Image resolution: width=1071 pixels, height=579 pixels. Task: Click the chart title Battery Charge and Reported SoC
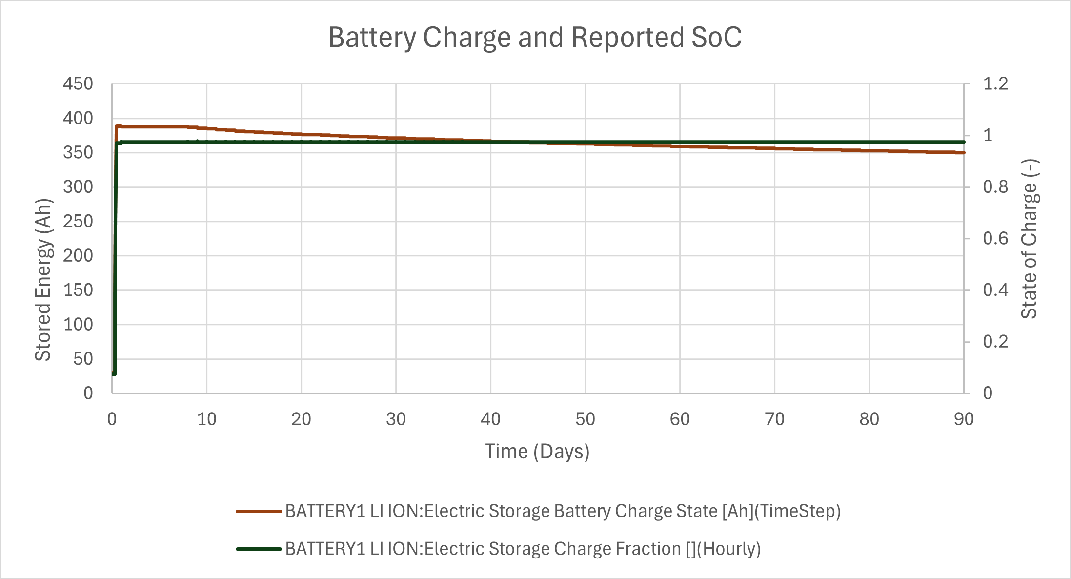click(x=535, y=38)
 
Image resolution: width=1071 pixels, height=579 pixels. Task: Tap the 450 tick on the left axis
click(x=78, y=84)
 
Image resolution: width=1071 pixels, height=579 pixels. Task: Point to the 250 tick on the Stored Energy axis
click(x=78, y=222)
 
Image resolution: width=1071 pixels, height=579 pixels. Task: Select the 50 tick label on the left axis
click(x=83, y=359)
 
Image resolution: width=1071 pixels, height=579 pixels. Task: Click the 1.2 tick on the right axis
click(x=995, y=84)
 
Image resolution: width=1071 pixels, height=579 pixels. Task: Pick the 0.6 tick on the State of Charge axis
click(x=995, y=239)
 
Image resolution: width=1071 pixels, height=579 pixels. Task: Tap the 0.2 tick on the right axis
click(x=995, y=342)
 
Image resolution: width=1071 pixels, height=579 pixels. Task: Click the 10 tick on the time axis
click(x=206, y=419)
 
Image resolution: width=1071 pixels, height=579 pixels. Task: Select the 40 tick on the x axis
click(x=490, y=419)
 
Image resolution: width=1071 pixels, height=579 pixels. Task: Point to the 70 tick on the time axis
click(x=774, y=419)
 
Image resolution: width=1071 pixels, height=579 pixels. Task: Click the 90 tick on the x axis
click(x=964, y=419)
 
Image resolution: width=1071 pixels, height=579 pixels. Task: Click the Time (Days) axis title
click(x=537, y=452)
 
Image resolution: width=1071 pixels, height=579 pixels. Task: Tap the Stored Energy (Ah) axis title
click(x=43, y=279)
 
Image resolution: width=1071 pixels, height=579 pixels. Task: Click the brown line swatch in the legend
click(x=259, y=512)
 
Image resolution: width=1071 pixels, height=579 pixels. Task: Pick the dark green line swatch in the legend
click(x=259, y=549)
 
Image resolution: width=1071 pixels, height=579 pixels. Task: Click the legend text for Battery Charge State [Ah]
click(x=563, y=512)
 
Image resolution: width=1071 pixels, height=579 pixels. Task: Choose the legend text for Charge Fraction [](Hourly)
click(x=523, y=549)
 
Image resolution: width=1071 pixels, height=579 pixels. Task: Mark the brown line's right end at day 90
click(x=964, y=153)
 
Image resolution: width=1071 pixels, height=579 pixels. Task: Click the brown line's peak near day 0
click(x=117, y=126)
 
